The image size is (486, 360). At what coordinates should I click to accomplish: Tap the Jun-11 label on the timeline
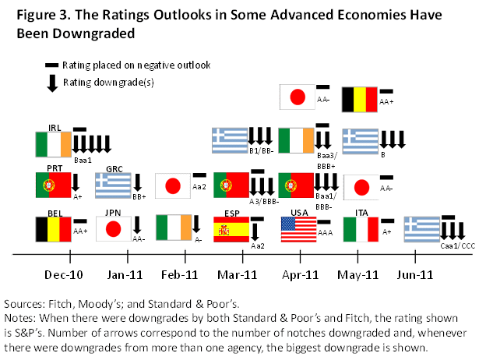click(x=415, y=274)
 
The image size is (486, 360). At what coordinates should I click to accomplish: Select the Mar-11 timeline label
click(x=238, y=274)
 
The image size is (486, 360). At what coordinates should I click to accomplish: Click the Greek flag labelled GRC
click(x=114, y=186)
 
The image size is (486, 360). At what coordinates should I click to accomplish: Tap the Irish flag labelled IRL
click(x=54, y=144)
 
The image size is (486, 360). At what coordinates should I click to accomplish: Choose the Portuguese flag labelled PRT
click(x=54, y=185)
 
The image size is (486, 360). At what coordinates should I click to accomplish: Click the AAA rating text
click(x=327, y=231)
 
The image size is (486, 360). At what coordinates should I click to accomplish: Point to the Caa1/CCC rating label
click(x=456, y=245)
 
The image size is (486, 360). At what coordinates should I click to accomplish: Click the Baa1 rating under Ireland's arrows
click(x=83, y=160)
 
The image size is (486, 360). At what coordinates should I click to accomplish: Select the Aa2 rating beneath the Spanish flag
click(x=259, y=245)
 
